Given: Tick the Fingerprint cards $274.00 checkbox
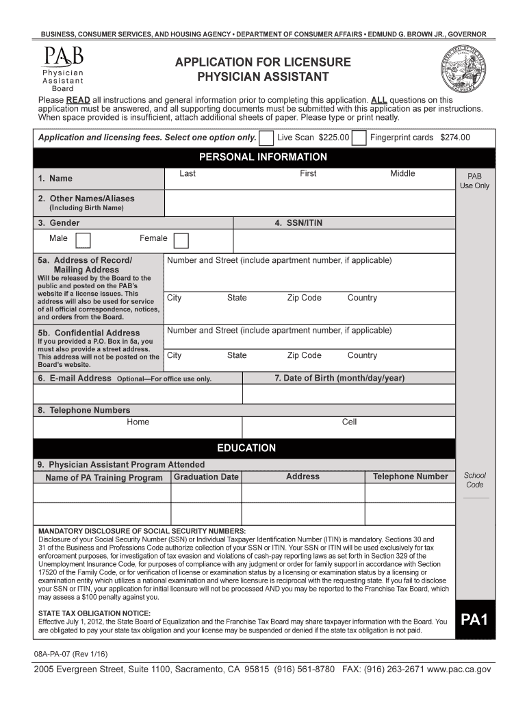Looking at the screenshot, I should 359,138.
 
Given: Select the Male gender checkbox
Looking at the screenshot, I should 83,240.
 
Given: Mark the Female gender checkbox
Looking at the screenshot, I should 181,240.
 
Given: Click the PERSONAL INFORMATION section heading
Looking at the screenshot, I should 263,157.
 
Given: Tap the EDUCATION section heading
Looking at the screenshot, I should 246,448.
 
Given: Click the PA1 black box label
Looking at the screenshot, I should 474,620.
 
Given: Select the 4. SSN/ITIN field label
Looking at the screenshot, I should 298,223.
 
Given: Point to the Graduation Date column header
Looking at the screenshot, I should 206,476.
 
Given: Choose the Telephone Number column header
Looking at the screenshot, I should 410,476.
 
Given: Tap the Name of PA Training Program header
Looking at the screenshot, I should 104,478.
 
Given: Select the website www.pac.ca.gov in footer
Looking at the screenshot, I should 454,669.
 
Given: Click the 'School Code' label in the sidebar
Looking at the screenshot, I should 475,480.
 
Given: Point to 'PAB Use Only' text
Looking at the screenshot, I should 474,181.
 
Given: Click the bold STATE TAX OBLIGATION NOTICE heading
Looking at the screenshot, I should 94,613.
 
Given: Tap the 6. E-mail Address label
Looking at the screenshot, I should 75,378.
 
